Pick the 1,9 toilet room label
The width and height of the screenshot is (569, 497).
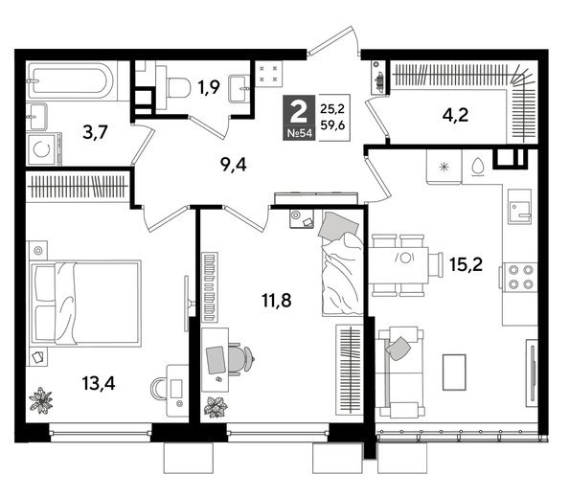(x=210, y=88)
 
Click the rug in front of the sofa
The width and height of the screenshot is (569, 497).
(x=454, y=371)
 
